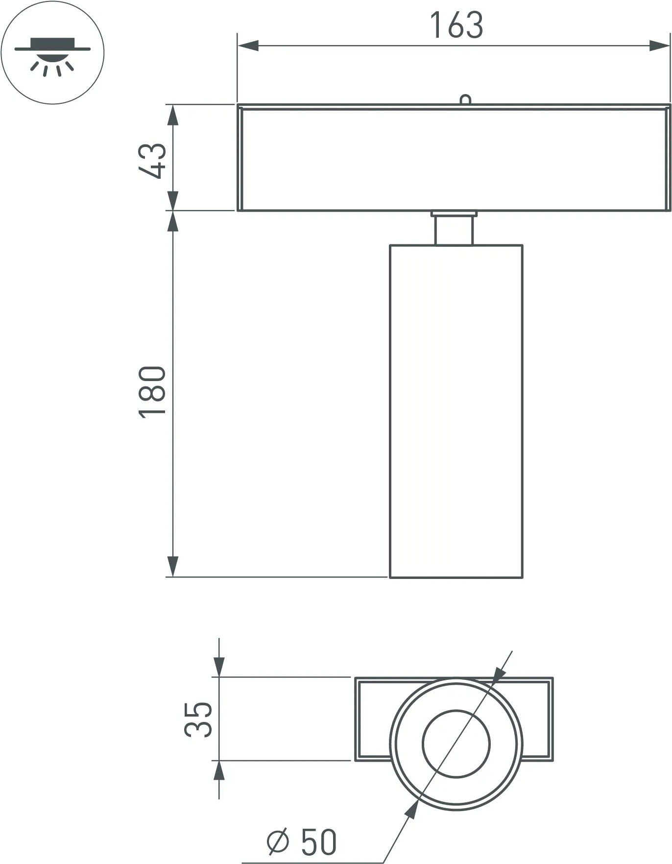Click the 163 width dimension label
(x=456, y=25)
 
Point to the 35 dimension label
(x=198, y=719)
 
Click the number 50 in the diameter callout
(x=319, y=842)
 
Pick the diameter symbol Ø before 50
(x=278, y=842)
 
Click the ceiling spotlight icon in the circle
(x=52, y=52)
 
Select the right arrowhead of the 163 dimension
(x=659, y=46)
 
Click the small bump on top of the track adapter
(x=465, y=100)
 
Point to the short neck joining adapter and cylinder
(x=454, y=229)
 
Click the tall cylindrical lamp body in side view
(x=456, y=411)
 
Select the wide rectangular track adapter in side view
(x=454, y=158)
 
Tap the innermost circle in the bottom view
(x=456, y=744)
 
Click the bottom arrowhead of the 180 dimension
(x=172, y=567)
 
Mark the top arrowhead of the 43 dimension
(x=172, y=116)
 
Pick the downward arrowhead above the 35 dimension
(x=219, y=667)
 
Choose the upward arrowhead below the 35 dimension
(x=219, y=771)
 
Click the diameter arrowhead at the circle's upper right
(x=498, y=675)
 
